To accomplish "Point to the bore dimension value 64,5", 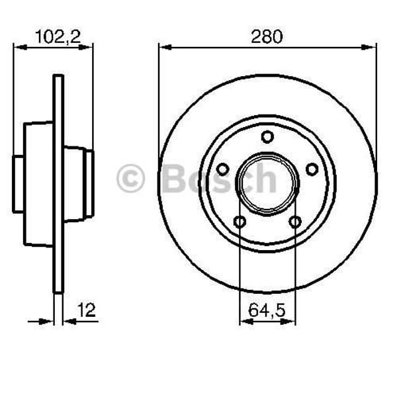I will click(x=267, y=308).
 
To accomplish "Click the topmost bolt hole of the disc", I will click(x=267, y=137).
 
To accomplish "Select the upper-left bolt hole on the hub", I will click(x=223, y=169).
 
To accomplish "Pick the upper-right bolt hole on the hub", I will click(x=312, y=169).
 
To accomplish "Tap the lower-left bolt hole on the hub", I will click(x=240, y=221).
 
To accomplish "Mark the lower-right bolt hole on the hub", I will click(x=295, y=221).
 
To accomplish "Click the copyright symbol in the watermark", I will click(x=130, y=179).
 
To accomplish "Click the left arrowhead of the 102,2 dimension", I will click(x=18, y=47).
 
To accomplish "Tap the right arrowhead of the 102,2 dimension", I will click(x=89, y=47).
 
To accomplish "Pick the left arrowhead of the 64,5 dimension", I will click(x=244, y=322).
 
